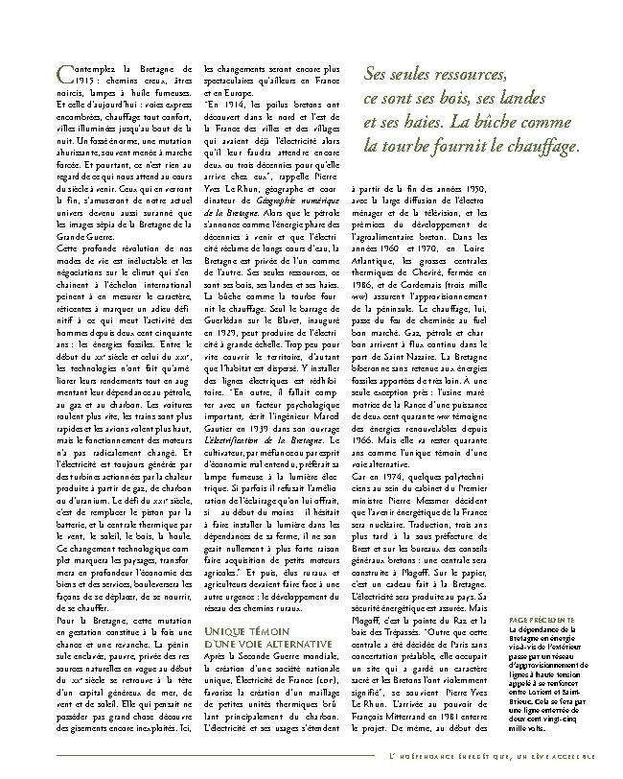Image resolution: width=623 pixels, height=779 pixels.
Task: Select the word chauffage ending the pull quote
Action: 544,147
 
